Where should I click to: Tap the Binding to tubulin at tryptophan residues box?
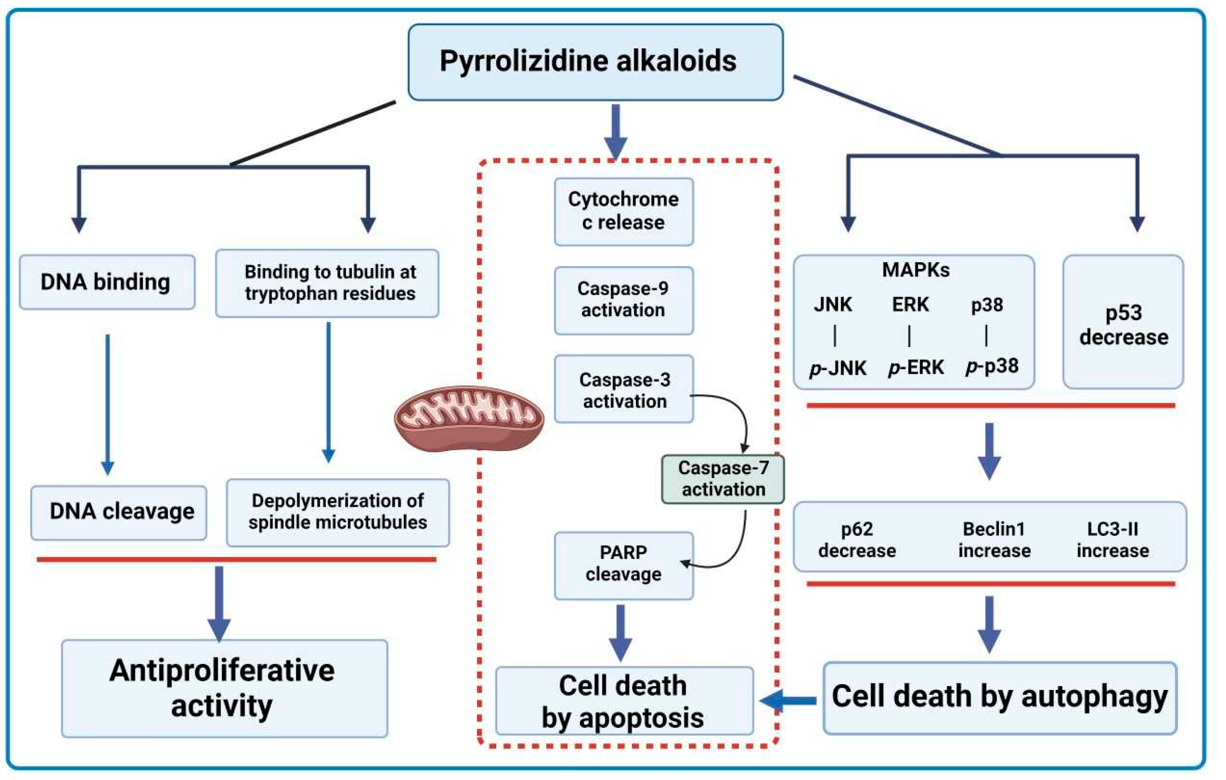point(327,283)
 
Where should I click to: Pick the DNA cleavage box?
point(119,513)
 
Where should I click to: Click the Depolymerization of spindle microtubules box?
point(338,513)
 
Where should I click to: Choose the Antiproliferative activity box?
point(224,688)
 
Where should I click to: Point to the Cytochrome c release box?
point(624,211)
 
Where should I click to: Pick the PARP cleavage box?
point(624,565)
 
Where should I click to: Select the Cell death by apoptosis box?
point(624,701)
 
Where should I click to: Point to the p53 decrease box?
point(1123,322)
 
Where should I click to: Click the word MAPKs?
point(916,269)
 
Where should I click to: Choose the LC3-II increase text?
point(1112,540)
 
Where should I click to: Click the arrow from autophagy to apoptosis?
point(788,701)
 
